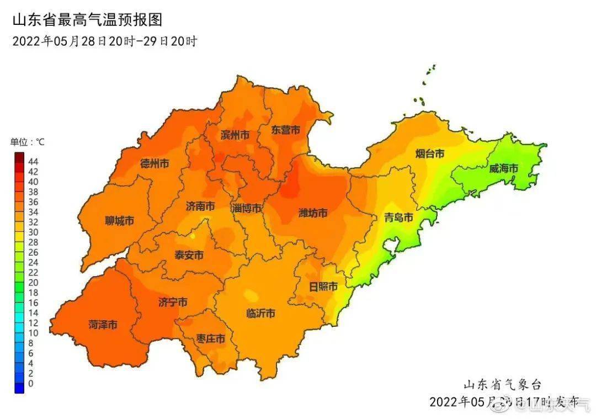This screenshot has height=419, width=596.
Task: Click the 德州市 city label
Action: pos(155,163)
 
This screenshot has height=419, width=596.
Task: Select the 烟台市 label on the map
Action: pos(429,154)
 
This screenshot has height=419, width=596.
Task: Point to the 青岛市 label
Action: pos(398,218)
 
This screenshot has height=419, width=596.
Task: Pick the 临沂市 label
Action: pos(260,314)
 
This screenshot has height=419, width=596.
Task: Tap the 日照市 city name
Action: pos(323,287)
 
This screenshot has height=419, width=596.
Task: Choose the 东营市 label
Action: pos(286,130)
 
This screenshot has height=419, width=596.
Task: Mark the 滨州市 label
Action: pos(235,135)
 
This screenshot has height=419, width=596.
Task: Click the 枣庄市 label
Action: pos(211,339)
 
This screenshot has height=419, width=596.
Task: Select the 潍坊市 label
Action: pos(313,213)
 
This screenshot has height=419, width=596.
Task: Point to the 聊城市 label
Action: pos(120,221)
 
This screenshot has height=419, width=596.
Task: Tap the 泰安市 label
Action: pos(189,255)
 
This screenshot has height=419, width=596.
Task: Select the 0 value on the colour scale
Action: pos(31,384)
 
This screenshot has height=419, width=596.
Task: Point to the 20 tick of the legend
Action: pos(33,283)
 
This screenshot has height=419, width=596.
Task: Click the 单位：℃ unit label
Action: pos(28,142)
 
